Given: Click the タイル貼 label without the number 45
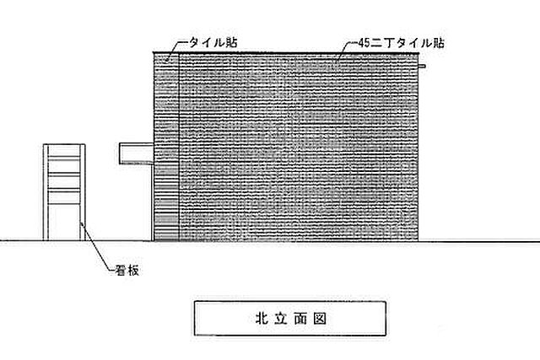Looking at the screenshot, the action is [213, 43].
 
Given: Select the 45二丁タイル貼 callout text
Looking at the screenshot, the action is [402, 43].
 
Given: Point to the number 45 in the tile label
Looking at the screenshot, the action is [364, 43].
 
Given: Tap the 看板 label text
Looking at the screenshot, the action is [127, 270].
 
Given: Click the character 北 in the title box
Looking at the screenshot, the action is [262, 319].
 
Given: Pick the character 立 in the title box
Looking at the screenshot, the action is [281, 319].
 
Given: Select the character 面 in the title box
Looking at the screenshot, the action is [300, 319].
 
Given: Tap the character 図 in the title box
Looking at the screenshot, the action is [320, 319].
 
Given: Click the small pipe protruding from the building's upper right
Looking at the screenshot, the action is [422, 66].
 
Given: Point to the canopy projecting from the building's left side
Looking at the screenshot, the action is [137, 153].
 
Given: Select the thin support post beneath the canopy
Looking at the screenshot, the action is [152, 202].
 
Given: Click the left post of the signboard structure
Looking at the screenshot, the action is [46, 192].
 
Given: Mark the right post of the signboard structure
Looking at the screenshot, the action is [83, 192].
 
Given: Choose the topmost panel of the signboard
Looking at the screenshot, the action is [64, 152].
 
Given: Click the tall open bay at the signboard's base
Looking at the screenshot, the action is [64, 222].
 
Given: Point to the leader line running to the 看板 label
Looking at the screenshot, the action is [98, 246].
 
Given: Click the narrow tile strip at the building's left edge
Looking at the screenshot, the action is [166, 147].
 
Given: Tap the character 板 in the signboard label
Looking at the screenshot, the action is [133, 270].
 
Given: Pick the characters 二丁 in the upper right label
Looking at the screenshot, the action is [382, 43].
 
